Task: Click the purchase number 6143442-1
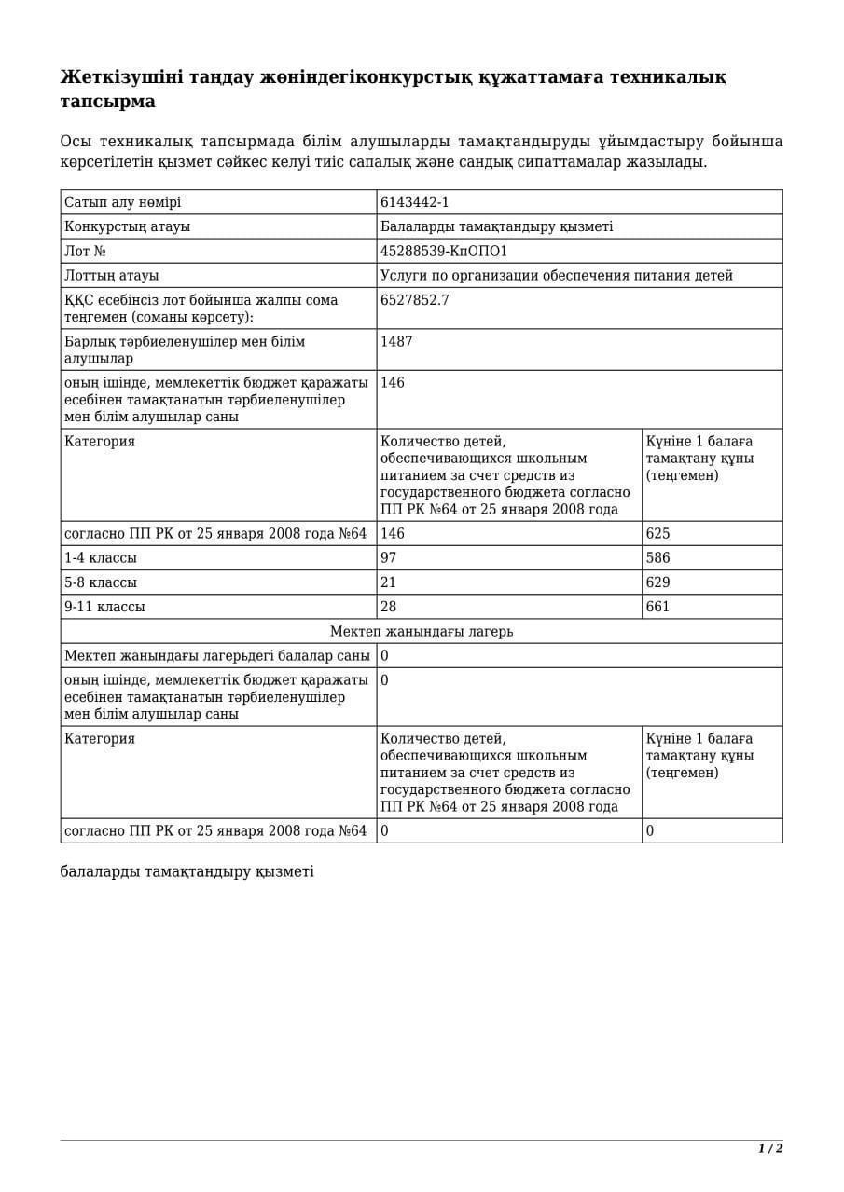415,202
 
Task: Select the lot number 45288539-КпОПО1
444,252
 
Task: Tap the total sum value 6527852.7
415,300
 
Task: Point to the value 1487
396,342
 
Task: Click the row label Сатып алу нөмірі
123,202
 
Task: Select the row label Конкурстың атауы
127,226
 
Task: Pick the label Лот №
85,252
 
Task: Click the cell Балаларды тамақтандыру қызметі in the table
496,226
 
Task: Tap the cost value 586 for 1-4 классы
657,558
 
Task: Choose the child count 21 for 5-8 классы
388,582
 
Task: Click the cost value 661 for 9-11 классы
657,607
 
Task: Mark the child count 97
388,558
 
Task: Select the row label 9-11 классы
104,607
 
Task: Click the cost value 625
657,534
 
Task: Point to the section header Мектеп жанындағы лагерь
422,632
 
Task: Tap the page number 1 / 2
770,1148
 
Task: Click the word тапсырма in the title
108,102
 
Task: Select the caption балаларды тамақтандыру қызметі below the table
187,871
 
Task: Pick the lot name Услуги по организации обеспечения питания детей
557,276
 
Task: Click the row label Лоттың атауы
111,276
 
